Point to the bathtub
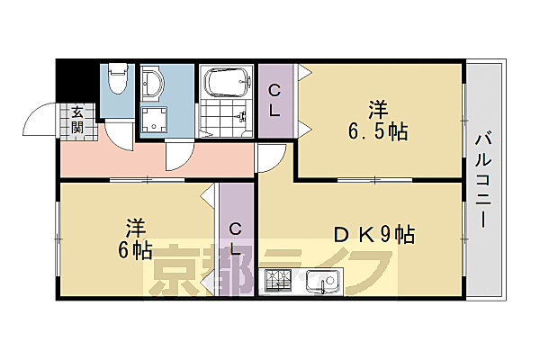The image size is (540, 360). tap(228, 84)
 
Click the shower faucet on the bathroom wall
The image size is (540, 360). tap(241, 116)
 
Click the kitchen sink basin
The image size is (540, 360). tap(319, 283)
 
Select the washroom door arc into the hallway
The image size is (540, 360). tap(180, 155)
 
